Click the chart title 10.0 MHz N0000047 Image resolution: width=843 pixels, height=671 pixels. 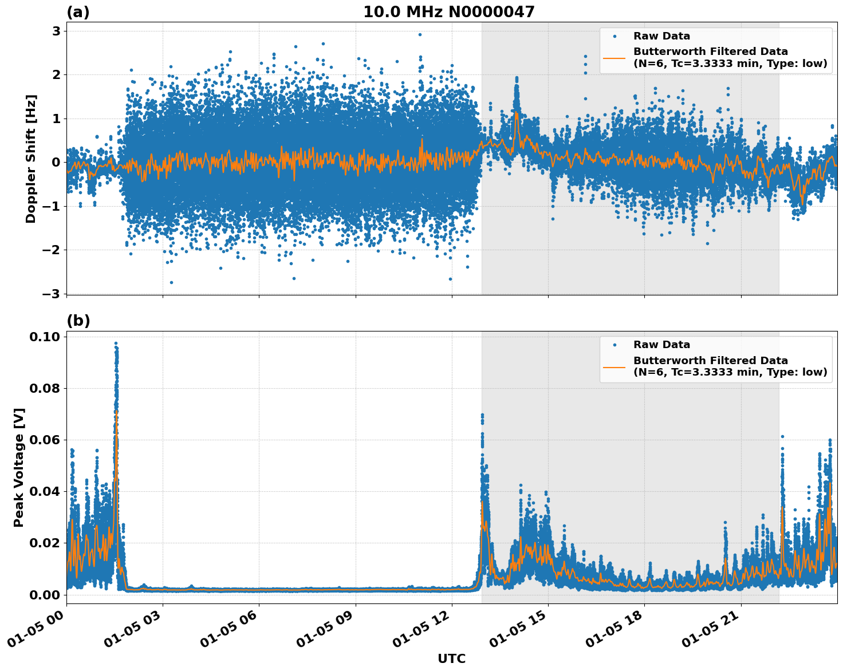448,12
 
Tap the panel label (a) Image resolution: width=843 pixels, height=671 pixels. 78,12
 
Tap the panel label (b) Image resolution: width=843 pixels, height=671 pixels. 78,321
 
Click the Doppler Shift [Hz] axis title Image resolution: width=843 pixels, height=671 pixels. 31,159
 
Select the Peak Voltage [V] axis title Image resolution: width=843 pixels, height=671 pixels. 19,467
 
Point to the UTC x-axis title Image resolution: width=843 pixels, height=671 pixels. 451,658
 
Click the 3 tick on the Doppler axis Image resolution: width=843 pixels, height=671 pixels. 56,31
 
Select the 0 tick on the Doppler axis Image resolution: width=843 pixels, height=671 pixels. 56,162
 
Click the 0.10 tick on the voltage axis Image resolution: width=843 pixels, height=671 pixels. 45,337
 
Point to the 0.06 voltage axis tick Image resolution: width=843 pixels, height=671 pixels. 45,440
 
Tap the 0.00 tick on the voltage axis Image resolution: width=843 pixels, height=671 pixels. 45,594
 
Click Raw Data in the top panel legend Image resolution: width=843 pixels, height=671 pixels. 661,36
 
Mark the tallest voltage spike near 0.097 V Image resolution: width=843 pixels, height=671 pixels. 116,343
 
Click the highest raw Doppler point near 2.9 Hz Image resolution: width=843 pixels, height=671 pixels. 419,34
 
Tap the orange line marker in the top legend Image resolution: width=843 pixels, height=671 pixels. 614,58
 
